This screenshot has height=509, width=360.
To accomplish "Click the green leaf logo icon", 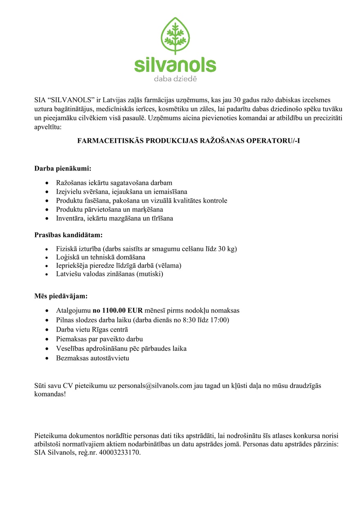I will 175,36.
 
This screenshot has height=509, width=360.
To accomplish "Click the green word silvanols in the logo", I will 175,65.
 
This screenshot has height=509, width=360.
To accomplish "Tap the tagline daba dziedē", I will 175,79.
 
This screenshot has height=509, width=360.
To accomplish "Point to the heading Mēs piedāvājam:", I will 61,296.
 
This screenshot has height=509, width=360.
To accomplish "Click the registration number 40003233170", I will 120,453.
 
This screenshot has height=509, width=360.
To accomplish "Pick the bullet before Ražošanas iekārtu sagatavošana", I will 48,183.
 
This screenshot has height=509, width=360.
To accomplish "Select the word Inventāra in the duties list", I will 69,218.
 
